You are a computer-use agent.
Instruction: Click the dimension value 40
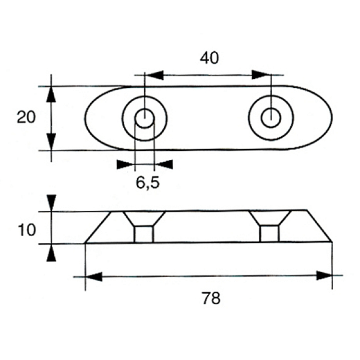point(209,58)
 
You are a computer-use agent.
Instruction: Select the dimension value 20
point(26,117)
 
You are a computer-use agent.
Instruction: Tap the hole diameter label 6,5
point(147,183)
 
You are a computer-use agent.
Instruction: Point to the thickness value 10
point(27,230)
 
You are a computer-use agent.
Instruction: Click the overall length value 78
point(211,298)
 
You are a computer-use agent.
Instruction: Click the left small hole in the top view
point(144,118)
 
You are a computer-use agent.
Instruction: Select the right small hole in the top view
point(271,118)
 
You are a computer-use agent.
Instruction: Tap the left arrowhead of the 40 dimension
point(155,75)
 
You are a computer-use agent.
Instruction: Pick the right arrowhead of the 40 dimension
point(261,75)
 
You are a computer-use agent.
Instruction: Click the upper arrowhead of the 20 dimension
point(51,95)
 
